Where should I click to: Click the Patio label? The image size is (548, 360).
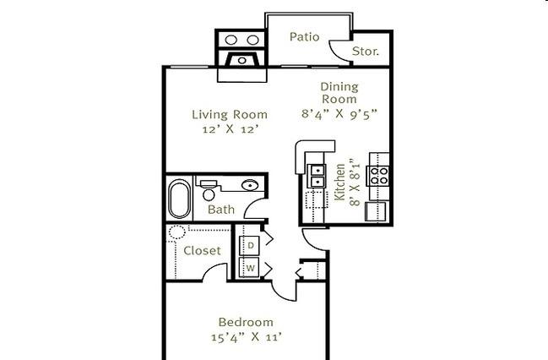click(305, 36)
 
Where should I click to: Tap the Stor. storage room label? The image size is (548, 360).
click(366, 52)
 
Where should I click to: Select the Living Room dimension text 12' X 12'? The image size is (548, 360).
click(231, 129)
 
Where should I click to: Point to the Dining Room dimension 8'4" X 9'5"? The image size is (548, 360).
click(339, 114)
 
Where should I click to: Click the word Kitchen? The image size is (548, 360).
click(339, 183)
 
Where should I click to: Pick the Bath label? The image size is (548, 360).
click(221, 210)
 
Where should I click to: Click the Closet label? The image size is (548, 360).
click(202, 250)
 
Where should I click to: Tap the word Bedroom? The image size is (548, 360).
click(246, 322)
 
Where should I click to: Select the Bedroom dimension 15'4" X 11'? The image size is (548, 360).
click(247, 337)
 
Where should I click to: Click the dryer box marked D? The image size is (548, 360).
click(250, 246)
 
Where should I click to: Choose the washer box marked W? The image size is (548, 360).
click(250, 268)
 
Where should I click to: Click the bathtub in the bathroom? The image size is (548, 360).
click(180, 199)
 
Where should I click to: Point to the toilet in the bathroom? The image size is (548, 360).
click(209, 190)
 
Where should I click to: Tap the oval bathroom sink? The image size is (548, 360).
click(250, 185)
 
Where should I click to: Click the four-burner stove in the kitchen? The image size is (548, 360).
click(377, 176)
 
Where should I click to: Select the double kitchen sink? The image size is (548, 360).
click(317, 176)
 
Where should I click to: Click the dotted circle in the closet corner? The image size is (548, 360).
click(176, 232)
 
